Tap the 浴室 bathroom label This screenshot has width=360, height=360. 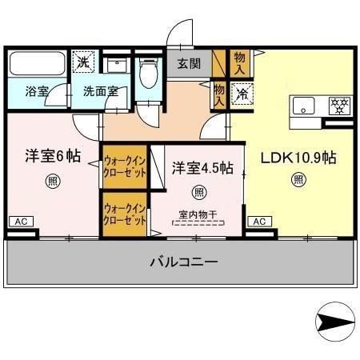(x=37, y=91)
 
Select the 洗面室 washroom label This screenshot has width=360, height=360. (x=101, y=91)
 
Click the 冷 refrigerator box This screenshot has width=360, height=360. (x=242, y=93)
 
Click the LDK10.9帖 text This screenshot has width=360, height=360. (x=298, y=157)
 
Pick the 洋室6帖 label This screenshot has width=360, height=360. (x=51, y=156)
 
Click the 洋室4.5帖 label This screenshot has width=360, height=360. (x=202, y=168)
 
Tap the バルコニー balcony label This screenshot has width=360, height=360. (x=183, y=262)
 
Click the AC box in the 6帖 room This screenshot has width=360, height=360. (x=21, y=221)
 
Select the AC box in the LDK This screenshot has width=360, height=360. (x=258, y=221)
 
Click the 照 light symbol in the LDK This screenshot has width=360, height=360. (x=298, y=180)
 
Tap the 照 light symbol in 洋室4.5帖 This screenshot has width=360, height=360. (x=199, y=192)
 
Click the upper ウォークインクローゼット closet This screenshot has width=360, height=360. (x=125, y=166)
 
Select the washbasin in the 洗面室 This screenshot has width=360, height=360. (x=118, y=67)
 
